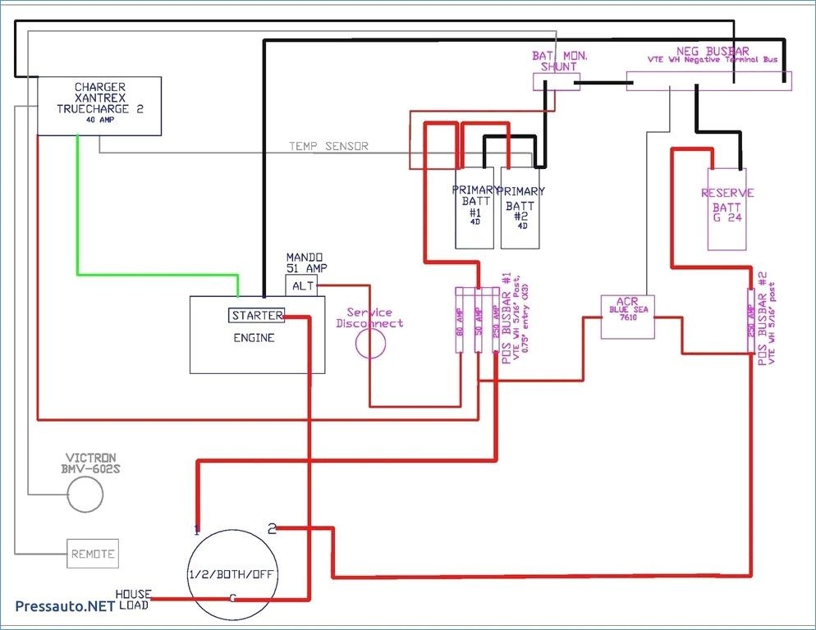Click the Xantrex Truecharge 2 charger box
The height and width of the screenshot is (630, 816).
(x=99, y=105)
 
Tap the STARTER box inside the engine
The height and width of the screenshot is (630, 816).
(x=256, y=316)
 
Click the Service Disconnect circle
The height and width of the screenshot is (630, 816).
(x=370, y=343)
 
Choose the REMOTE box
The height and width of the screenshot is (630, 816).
(x=92, y=554)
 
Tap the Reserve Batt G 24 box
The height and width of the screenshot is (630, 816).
(x=727, y=208)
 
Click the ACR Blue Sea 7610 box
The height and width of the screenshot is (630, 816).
(x=628, y=317)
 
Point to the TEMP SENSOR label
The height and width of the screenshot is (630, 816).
(x=328, y=146)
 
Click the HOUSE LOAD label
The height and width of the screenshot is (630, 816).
(x=132, y=599)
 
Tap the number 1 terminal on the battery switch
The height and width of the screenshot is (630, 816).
(x=196, y=530)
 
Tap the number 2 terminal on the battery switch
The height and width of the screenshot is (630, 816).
(x=273, y=529)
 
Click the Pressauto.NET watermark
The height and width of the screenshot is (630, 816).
(x=63, y=606)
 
